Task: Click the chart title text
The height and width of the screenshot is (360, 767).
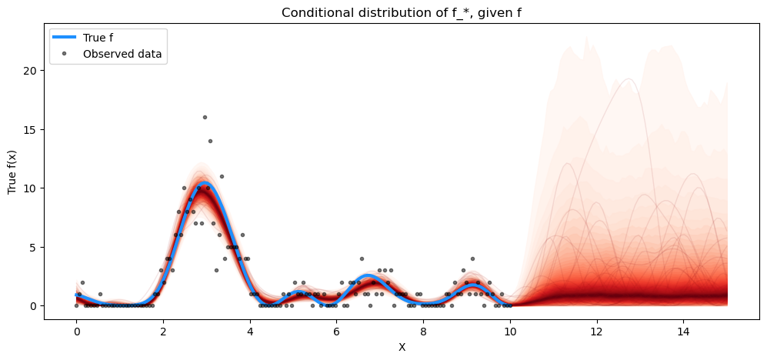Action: coord(402,12)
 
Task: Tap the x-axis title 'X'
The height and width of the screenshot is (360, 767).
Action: coord(402,347)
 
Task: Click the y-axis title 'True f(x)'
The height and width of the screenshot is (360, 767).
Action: coord(13,174)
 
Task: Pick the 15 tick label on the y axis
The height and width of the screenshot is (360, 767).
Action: coord(32,129)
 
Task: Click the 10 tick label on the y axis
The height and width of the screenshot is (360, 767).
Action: coord(32,188)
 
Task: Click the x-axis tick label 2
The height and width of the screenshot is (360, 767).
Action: coord(163,331)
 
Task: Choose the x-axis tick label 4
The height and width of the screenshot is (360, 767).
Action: coord(250,331)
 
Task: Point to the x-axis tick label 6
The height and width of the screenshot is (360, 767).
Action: coord(336,331)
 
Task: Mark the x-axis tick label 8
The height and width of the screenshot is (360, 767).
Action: coord(423,331)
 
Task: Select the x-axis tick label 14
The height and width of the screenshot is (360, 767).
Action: coord(683,331)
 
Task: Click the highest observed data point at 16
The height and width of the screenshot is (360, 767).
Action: coord(205,117)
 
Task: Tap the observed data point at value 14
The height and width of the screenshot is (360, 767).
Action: coord(210,141)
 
